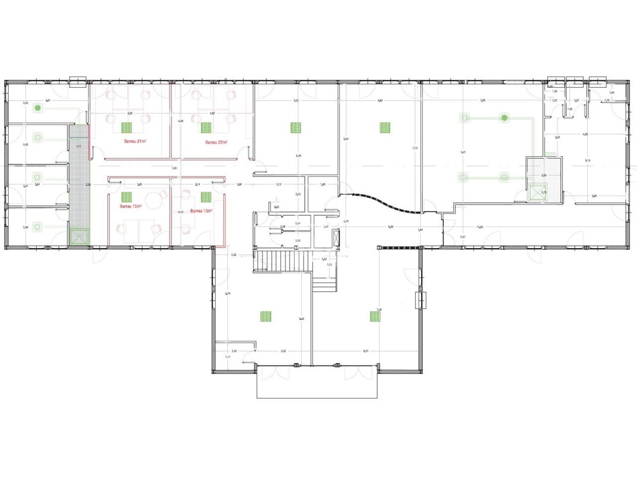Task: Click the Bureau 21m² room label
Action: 135,141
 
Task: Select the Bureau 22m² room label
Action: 216,142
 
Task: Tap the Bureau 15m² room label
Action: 131,206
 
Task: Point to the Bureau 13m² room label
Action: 202,211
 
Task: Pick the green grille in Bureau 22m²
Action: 206,127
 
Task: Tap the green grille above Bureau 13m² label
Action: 206,197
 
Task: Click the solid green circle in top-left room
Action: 36,107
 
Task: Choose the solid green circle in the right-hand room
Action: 505,118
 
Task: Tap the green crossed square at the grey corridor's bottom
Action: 79,237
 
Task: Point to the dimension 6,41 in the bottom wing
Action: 366,351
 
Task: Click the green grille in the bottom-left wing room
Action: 266,316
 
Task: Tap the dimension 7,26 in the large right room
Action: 482,101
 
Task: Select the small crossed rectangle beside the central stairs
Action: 337,239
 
